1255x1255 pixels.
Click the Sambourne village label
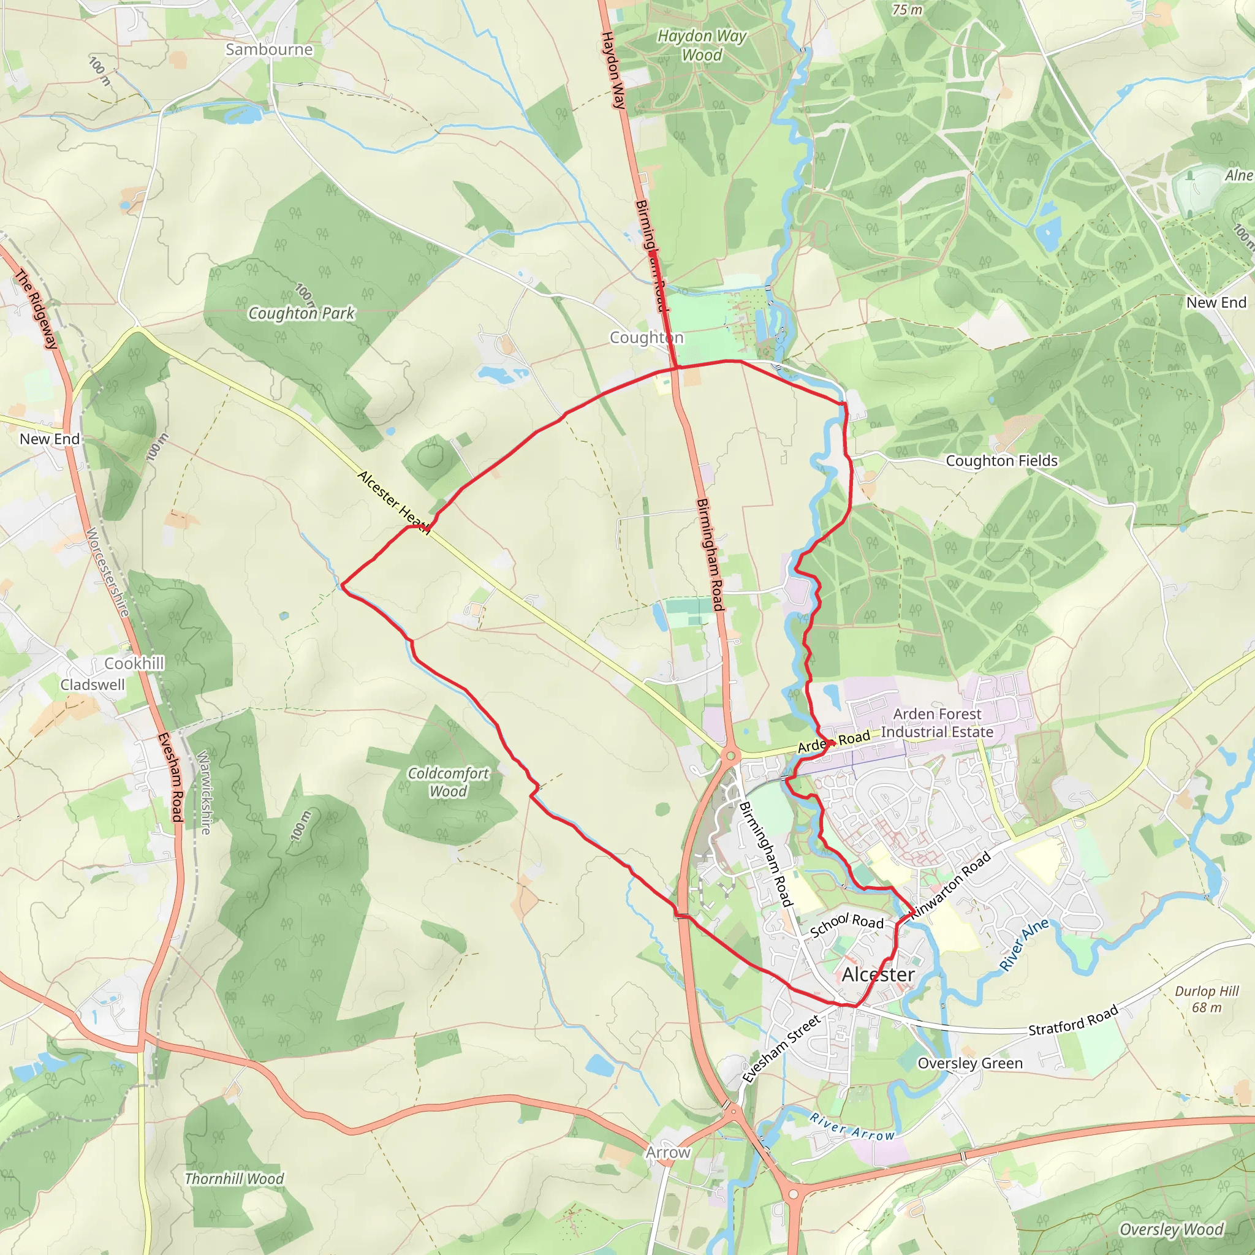tap(269, 50)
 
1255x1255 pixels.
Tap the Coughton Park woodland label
tap(301, 313)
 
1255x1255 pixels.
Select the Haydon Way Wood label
tap(702, 45)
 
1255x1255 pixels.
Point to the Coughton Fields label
tap(1002, 461)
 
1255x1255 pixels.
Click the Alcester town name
tap(878, 974)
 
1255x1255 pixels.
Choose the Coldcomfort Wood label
tap(448, 782)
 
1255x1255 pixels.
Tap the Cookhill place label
tap(134, 663)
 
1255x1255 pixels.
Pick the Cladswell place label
tap(93, 684)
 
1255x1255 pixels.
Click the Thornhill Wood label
tap(235, 1179)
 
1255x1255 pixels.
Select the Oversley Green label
tap(970, 1063)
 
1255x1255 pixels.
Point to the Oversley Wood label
tap(1171, 1230)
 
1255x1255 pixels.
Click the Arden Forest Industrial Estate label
tap(937, 722)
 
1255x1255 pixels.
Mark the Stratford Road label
tap(1073, 1020)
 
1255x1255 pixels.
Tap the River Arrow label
tap(852, 1127)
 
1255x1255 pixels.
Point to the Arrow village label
tap(668, 1153)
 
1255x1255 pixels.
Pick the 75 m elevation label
tap(907, 9)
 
